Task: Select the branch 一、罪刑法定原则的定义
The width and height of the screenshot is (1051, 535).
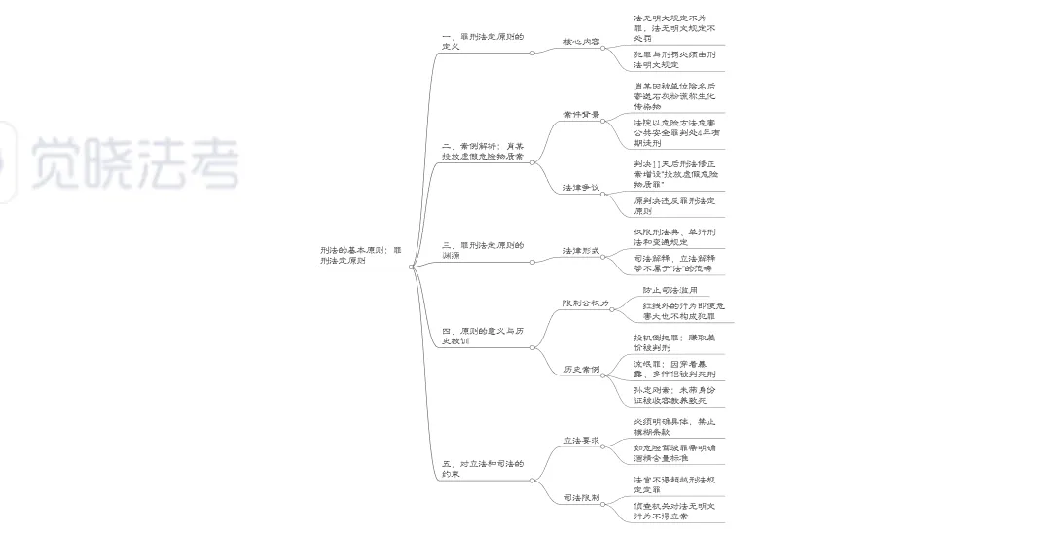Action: [x=482, y=42]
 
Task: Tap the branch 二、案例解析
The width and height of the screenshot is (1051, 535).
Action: [x=482, y=151]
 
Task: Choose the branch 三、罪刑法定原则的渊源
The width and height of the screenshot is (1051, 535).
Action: [x=482, y=250]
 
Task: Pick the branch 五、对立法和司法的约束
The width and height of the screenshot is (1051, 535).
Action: [x=482, y=469]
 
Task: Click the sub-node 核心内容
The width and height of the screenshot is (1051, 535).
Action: [x=581, y=42]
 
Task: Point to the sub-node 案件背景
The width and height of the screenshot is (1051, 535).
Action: [x=581, y=115]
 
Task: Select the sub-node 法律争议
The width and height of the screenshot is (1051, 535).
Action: [x=581, y=187]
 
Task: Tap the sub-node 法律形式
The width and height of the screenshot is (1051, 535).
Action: [x=581, y=251]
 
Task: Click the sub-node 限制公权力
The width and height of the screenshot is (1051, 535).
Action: [x=585, y=303]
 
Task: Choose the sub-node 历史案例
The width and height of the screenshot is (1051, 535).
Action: [x=581, y=370]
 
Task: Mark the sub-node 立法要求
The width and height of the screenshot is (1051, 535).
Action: [x=581, y=441]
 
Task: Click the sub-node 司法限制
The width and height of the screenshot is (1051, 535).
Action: [x=581, y=498]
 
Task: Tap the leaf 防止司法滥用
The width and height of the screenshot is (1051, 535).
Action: [x=669, y=290]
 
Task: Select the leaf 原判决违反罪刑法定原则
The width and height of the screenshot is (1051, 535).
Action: [x=673, y=205]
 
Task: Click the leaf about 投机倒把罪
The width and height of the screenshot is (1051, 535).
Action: [x=673, y=342]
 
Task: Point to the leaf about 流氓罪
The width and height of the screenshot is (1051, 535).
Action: [x=673, y=369]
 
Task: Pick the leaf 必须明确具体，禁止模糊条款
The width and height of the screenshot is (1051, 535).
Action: [x=673, y=426]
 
